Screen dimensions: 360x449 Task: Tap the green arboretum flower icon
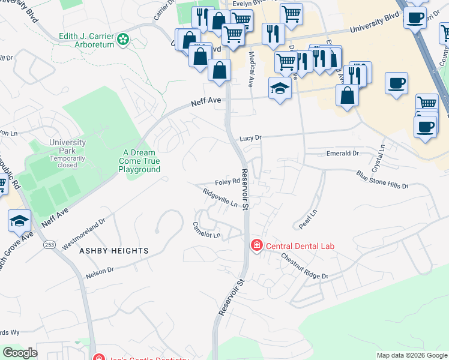click(123, 40)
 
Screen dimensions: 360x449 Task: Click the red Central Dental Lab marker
click(256, 245)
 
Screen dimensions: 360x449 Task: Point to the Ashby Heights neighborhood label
click(114, 251)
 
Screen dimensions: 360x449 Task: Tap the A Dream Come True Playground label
click(140, 161)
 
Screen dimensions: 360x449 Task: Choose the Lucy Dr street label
click(251, 138)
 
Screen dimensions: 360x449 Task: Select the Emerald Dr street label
click(342, 154)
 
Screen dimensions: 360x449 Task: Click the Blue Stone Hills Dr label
click(382, 180)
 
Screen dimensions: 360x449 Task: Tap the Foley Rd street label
click(228, 182)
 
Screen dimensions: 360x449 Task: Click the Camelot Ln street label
click(206, 230)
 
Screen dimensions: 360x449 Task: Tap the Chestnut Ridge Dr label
click(306, 266)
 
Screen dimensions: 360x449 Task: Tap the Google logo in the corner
click(20, 353)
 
